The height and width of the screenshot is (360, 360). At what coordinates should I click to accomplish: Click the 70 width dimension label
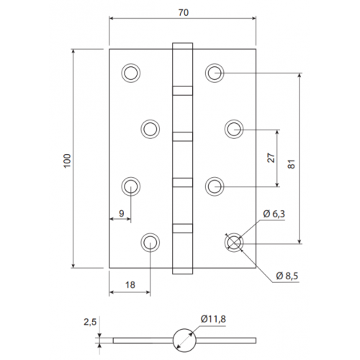184,12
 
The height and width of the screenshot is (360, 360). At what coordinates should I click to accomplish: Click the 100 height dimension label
68,161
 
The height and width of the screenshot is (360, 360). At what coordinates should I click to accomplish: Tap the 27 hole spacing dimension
271,158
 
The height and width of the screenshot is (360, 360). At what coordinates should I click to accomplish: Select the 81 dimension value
291,164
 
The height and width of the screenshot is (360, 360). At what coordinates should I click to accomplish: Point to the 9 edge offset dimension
122,213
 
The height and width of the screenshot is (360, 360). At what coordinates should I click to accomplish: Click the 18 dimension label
130,285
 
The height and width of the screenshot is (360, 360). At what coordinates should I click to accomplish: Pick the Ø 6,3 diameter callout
274,214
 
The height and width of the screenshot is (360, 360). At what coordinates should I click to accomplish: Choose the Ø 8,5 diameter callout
287,276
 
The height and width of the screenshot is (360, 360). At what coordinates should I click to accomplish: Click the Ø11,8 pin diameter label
213,319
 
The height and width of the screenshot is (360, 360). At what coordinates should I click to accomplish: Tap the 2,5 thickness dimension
90,323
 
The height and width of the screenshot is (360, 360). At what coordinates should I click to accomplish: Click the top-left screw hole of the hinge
131,73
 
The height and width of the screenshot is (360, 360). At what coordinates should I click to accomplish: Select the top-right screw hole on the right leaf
215,73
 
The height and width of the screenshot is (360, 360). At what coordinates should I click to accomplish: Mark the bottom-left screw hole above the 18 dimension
150,243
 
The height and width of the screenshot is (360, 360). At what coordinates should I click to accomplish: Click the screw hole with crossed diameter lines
234,243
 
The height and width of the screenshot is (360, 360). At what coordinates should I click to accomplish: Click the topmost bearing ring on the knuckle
183,91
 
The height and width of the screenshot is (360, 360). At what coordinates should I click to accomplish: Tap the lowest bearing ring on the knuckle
183,228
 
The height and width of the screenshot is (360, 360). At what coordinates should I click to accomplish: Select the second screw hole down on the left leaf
150,129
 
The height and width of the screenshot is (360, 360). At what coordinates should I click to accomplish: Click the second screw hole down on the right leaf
234,129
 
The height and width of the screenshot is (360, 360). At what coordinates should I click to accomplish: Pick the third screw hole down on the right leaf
215,186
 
